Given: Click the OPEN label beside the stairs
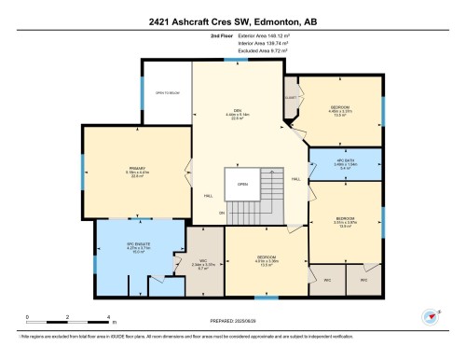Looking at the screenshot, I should click(x=241, y=184).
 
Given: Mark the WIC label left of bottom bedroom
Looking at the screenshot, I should click(x=203, y=261).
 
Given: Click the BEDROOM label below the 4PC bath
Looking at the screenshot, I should click(x=346, y=219).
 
